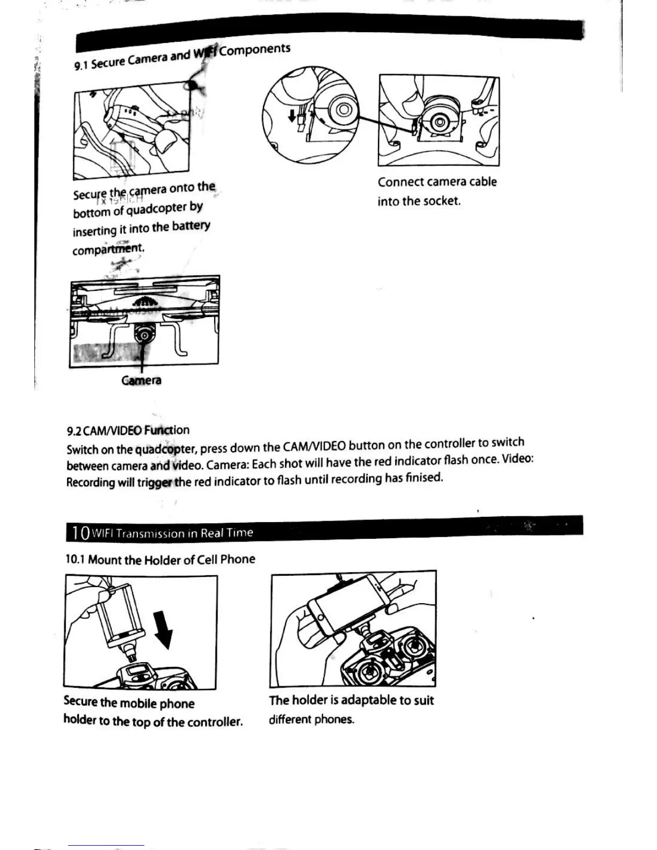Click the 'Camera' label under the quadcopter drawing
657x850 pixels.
coord(141,380)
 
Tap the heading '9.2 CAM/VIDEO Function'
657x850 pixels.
coord(128,430)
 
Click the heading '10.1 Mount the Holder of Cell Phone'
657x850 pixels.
coord(160,560)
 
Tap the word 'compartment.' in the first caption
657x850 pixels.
coord(108,250)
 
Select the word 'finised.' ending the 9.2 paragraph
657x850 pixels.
coord(424,477)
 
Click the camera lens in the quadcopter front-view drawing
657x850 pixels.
coord(143,336)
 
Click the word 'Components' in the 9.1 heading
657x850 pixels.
coord(255,49)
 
